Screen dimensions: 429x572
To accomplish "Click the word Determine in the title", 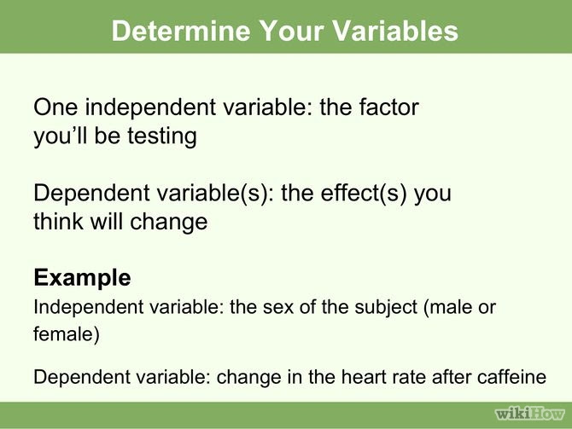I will point(166,31).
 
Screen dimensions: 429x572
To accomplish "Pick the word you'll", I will point(65,136).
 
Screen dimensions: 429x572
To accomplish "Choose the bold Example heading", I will point(82,277).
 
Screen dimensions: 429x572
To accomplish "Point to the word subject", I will point(371,306).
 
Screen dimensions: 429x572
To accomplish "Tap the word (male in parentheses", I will point(447,306).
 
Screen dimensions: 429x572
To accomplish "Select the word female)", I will point(67,334).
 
